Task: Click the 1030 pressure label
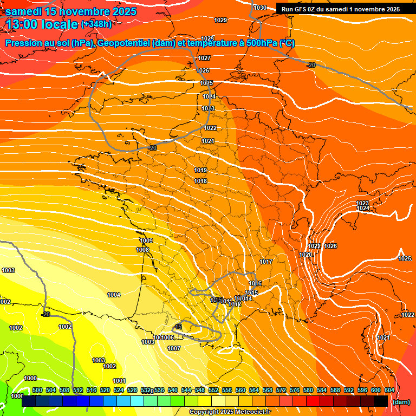click(260, 8)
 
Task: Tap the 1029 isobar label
click(220, 20)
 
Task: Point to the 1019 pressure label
click(200, 170)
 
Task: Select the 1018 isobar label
click(200, 181)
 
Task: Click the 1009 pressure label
click(146, 240)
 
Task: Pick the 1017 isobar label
click(265, 262)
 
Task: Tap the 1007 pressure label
click(173, 348)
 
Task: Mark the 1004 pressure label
click(114, 295)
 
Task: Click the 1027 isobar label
click(204, 58)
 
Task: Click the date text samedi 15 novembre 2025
click(71, 11)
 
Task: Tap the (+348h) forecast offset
click(96, 24)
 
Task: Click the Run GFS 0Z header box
click(340, 9)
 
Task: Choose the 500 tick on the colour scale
click(37, 390)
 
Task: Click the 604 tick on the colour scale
click(389, 390)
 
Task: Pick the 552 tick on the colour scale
click(213, 390)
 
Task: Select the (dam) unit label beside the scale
click(401, 402)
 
